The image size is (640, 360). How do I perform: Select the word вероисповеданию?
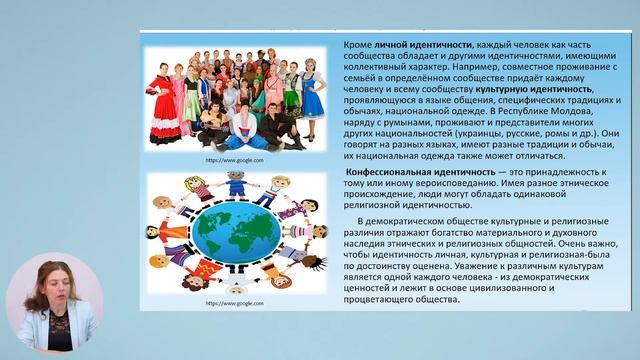(446, 185)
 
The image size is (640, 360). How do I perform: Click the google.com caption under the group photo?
(235, 159)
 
